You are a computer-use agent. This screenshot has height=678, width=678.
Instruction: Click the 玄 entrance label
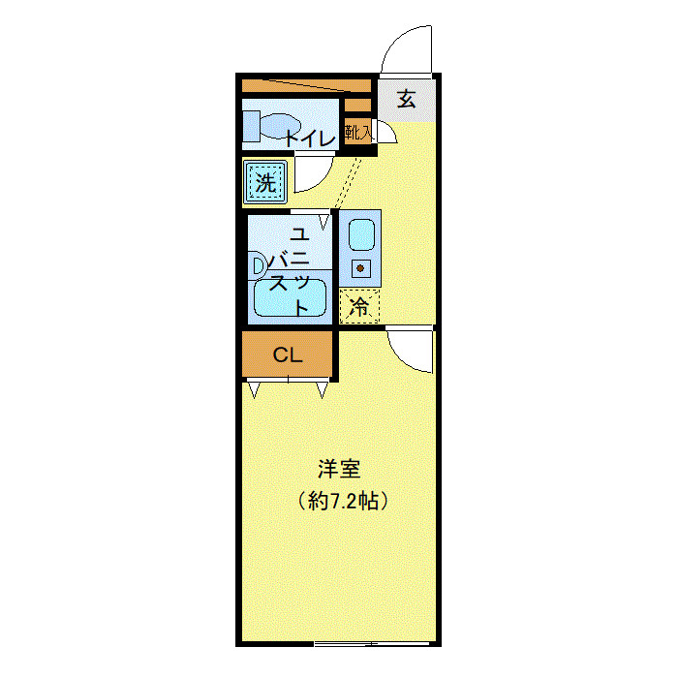[x=408, y=98]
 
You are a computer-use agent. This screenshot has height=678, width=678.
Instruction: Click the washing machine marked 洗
[x=265, y=180]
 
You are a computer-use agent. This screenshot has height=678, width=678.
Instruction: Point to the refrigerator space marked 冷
[x=359, y=308]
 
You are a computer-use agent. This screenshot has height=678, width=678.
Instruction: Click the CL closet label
[x=287, y=354]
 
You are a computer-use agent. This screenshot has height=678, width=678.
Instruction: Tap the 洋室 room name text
[x=339, y=470]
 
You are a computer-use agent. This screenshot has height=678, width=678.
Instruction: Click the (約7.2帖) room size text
[x=345, y=502]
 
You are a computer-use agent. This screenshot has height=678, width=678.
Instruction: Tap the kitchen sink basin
[x=360, y=233]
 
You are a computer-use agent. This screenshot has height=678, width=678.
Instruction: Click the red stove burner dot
[x=360, y=267]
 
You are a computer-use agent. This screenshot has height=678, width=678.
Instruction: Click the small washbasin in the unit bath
[x=257, y=263]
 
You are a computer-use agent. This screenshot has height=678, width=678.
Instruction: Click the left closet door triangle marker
[x=255, y=389]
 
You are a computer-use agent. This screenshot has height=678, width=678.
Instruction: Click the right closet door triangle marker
[x=322, y=389]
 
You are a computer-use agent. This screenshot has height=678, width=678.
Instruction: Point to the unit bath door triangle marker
[x=325, y=222]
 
